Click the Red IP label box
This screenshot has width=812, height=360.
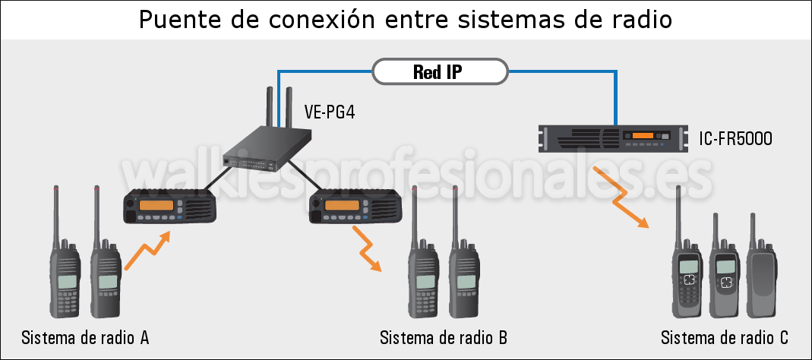438,72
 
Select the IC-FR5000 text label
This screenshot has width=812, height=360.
735,138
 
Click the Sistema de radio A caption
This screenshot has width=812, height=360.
85,337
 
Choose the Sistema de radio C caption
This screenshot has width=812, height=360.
725,337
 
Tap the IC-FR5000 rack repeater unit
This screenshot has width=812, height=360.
612,138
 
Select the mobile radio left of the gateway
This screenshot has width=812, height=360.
170,206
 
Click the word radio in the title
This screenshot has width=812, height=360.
637,20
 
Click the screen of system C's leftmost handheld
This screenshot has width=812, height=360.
688,267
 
